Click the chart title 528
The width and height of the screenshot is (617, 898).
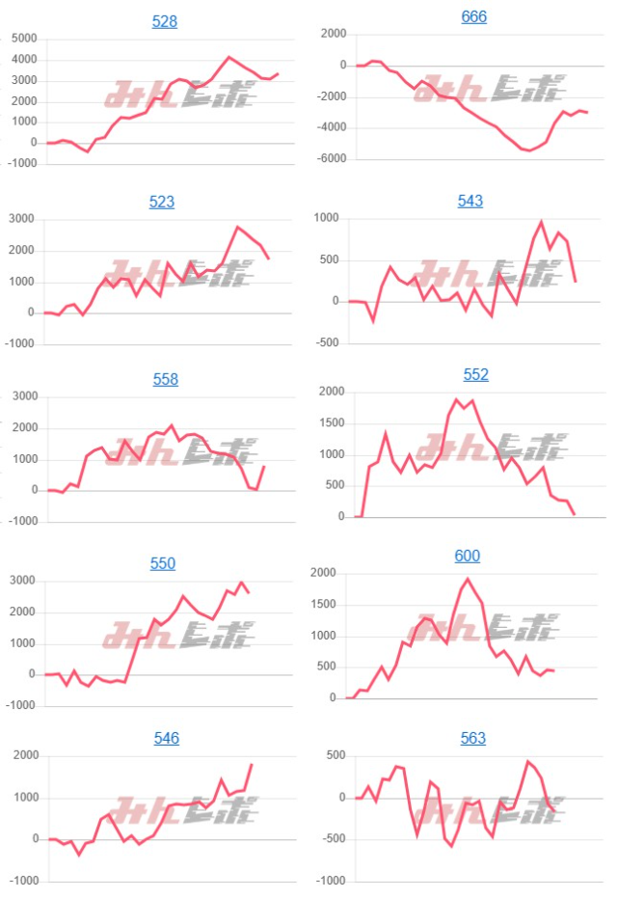165,21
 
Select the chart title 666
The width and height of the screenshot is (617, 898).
473,17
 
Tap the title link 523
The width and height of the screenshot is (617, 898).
162,202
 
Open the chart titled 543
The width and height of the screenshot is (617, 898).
470,201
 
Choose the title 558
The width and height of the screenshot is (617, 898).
166,379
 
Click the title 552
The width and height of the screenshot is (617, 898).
476,374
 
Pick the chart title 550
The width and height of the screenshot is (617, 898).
163,563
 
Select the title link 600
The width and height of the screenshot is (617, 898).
468,556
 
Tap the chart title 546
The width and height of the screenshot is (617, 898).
167,738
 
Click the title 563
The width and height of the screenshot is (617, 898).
473,738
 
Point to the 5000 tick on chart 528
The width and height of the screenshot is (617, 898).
24,39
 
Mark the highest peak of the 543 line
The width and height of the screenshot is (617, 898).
541,222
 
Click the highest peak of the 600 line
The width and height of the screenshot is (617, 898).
468,579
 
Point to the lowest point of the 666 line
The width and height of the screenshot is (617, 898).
529,150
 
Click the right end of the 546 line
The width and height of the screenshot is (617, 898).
252,764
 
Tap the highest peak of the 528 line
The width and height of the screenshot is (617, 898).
228,57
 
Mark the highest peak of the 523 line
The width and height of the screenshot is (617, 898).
238,227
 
